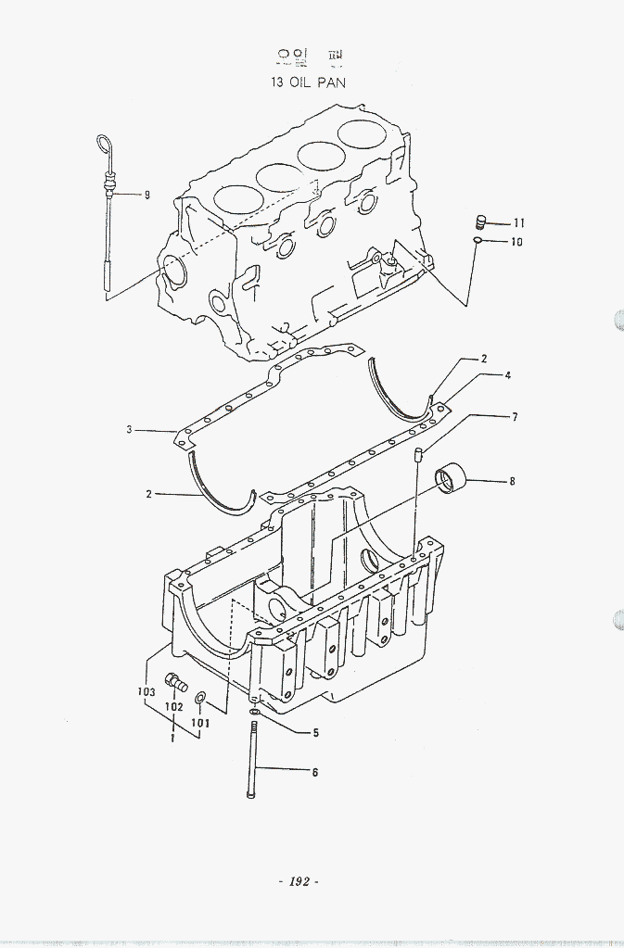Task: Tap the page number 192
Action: coord(299,881)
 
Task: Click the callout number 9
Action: coord(146,195)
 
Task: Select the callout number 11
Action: coord(519,222)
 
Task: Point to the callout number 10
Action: coord(516,242)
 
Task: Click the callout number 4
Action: coord(508,375)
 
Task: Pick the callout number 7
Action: coord(515,417)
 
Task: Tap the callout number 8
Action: coord(512,481)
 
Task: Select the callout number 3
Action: coord(131,429)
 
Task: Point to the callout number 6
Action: coord(314,772)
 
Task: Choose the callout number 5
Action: coord(315,733)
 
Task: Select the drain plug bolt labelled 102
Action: coord(175,683)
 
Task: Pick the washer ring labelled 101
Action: coord(200,697)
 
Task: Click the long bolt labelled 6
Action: coord(251,760)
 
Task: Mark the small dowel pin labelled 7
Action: coord(418,454)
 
